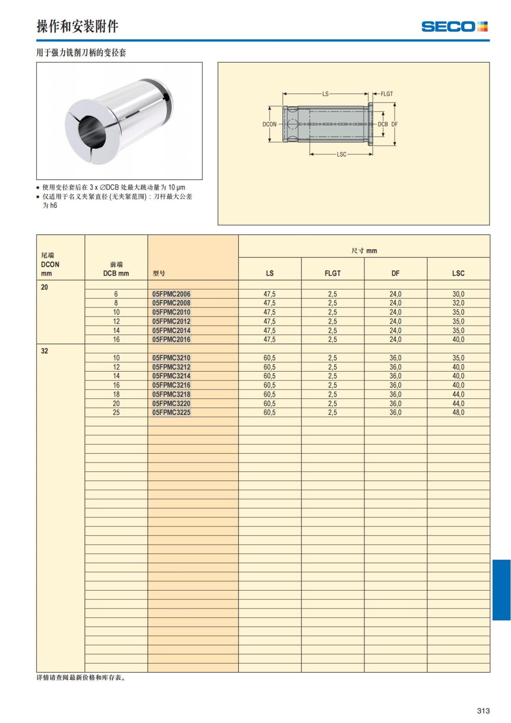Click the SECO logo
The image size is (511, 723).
[454, 26]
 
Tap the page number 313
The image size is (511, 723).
[483, 711]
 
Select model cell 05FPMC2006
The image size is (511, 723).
[171, 294]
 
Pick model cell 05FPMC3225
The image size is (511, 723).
[171, 412]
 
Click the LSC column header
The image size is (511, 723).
[458, 273]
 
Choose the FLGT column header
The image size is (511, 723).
[333, 273]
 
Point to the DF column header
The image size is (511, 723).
[395, 273]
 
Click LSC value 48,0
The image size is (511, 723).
[458, 412]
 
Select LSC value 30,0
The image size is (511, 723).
[458, 294]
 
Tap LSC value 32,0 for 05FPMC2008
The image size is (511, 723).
[458, 303]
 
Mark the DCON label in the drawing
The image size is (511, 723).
[269, 124]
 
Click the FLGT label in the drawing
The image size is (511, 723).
[387, 94]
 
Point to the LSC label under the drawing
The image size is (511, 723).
[342, 154]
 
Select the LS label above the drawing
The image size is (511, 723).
[325, 94]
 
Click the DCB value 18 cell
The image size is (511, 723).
[116, 394]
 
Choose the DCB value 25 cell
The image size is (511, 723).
[116, 412]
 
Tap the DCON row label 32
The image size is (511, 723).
[45, 351]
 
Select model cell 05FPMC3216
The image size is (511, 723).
[171, 385]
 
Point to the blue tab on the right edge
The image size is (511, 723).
[501, 590]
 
